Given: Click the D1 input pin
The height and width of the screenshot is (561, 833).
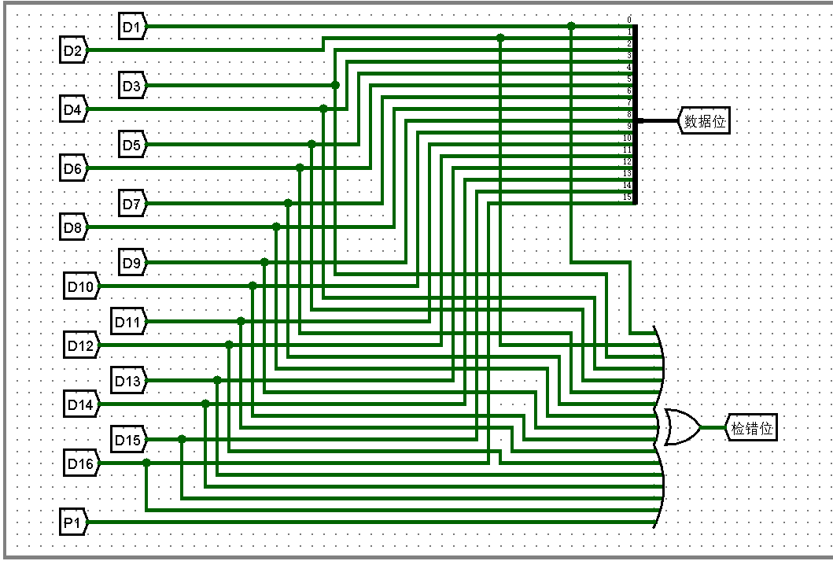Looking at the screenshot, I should click(x=131, y=26).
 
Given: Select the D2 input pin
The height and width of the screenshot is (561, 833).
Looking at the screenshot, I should click(x=73, y=50).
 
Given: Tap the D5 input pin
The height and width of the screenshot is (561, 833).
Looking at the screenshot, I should click(x=131, y=145).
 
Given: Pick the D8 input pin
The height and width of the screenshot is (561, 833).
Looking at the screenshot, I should click(x=73, y=228).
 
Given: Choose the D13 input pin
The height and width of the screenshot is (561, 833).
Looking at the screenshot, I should click(x=127, y=382).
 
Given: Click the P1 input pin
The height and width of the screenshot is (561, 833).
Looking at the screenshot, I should click(x=73, y=522).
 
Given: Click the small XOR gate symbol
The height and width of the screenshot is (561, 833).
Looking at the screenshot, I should click(x=682, y=427).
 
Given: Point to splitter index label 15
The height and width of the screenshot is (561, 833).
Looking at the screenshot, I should click(x=627, y=197).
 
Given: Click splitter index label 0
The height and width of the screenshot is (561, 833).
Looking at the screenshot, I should click(x=629, y=19).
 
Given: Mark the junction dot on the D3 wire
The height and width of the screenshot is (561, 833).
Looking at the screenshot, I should click(x=335, y=85).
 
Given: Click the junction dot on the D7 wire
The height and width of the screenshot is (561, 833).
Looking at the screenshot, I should click(x=288, y=203).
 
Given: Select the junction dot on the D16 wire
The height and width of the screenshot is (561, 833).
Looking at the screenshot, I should click(x=146, y=463).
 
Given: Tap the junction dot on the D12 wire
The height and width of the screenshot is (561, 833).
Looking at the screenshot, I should click(x=229, y=345).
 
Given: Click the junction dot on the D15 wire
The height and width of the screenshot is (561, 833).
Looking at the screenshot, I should click(x=182, y=439).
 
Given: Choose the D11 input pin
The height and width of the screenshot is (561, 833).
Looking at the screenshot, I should click(x=127, y=322).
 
